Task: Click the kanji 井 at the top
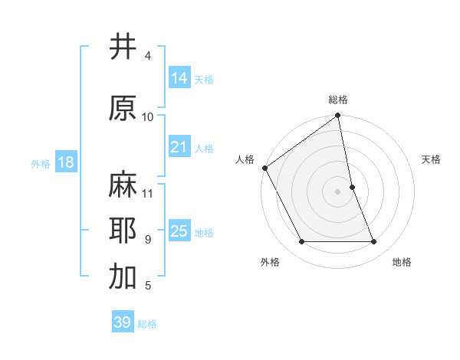[123, 47]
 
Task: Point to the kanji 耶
[123, 231]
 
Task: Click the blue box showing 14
[179, 78]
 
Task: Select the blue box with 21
[179, 147]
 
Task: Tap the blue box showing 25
[179, 231]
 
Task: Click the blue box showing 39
[122, 322]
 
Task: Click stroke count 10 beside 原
[148, 116]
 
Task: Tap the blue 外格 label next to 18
[41, 163]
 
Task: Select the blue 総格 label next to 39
[148, 324]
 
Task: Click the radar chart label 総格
[338, 100]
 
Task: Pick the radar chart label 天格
[432, 159]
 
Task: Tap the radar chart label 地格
[402, 262]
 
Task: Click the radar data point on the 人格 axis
[264, 168]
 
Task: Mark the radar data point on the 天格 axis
[352, 187]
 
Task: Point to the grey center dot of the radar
[338, 191]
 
